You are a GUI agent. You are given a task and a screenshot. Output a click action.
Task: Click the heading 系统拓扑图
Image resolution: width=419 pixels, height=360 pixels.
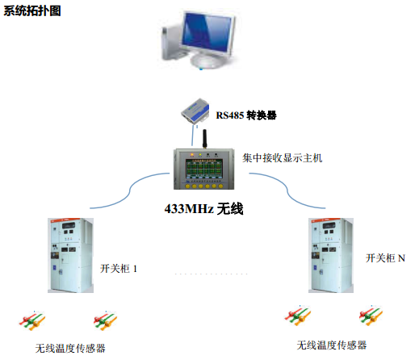click(x=32, y=11)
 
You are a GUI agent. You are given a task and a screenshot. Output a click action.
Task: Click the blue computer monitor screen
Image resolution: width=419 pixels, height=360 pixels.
click(x=207, y=32)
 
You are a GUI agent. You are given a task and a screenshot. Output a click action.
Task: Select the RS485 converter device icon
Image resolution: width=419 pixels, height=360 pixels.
click(x=195, y=111)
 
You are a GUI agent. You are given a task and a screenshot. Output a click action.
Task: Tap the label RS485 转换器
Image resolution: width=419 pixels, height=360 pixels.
click(x=246, y=115)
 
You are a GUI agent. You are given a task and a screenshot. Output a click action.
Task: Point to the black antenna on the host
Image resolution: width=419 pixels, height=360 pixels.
click(x=204, y=139)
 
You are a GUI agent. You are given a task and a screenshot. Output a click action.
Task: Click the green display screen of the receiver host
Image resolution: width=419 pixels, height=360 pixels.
click(x=204, y=169)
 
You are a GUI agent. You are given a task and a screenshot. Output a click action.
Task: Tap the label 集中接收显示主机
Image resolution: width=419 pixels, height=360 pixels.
click(x=282, y=158)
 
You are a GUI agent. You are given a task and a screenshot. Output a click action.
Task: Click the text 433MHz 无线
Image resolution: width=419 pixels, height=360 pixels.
click(x=203, y=209)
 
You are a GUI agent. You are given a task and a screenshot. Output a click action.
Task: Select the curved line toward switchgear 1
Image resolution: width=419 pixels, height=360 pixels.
click(x=129, y=190)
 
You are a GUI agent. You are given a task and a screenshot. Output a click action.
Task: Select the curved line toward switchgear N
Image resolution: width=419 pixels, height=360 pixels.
click(x=287, y=190)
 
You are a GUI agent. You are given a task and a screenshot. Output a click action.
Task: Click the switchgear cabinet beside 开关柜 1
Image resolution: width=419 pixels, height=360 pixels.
click(x=70, y=255)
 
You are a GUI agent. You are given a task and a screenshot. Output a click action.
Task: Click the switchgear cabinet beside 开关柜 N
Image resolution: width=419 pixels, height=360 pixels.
click(x=331, y=255)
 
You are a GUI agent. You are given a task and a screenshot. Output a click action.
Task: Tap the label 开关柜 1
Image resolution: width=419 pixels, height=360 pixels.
click(x=119, y=269)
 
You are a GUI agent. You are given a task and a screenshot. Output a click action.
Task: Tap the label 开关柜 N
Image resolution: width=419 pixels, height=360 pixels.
click(x=385, y=258)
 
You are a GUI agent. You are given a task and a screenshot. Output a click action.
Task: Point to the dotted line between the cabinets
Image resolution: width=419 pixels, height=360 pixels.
click(x=211, y=274)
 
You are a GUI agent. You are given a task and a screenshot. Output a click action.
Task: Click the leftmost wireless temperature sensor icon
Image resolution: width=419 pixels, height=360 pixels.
click(x=32, y=320)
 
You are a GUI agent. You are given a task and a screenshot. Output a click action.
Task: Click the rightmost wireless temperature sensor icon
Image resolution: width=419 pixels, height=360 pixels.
click(x=371, y=316)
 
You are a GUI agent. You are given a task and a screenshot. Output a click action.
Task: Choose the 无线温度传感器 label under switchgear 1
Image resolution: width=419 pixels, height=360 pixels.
click(x=70, y=349)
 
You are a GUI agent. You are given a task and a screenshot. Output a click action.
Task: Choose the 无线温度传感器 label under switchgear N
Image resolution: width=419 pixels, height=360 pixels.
click(x=332, y=345)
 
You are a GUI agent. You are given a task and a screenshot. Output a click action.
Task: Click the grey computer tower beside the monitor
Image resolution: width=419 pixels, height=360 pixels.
click(x=170, y=42)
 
